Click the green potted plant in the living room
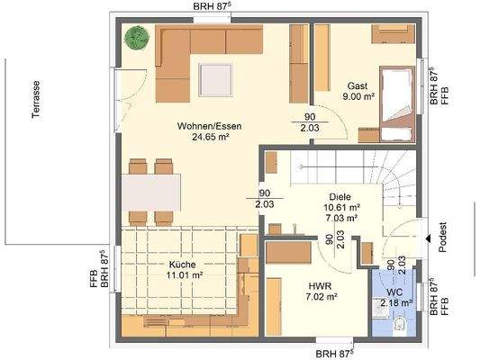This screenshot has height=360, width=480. (137, 37)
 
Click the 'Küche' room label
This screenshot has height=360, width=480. (182, 265)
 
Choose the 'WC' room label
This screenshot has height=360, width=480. (394, 292)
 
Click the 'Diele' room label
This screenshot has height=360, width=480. (340, 196)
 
